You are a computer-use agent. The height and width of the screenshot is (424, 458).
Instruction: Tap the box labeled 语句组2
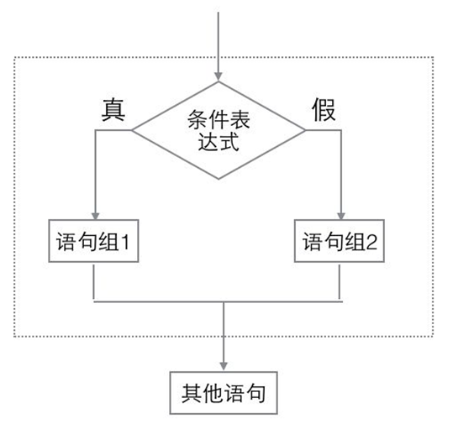click(x=340, y=243)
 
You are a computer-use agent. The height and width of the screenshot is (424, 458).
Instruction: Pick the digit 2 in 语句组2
click(x=371, y=243)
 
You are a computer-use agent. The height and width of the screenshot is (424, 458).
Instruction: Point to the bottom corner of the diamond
click(x=218, y=179)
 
